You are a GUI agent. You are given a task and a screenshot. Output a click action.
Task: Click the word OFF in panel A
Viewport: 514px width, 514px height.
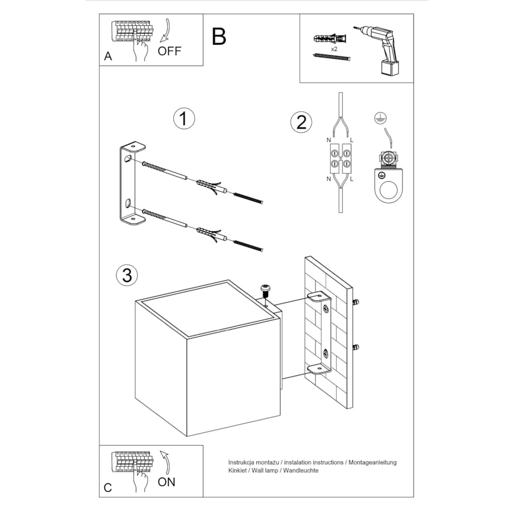169,51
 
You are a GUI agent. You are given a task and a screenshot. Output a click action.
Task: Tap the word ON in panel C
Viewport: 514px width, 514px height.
166,482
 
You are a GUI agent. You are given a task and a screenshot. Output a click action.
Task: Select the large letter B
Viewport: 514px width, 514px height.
219,36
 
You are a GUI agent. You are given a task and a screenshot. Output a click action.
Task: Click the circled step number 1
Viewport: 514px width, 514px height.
184,118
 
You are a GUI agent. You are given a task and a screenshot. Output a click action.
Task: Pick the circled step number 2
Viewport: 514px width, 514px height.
301,122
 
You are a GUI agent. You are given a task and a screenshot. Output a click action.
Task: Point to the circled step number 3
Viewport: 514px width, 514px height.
127,275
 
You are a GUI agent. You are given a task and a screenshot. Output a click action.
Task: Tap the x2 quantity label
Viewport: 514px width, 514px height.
334,49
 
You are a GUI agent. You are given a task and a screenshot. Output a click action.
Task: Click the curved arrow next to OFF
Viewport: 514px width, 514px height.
166,31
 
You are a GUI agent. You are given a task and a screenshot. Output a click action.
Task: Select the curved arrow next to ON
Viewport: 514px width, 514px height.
166,462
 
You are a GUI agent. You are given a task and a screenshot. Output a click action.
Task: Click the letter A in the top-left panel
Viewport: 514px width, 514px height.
108,56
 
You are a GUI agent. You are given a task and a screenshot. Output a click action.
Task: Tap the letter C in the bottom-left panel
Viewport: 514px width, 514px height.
108,487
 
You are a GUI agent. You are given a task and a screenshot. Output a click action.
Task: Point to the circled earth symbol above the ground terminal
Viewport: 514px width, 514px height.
380,118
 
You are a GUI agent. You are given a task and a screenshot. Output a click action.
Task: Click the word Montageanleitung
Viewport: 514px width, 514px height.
373,463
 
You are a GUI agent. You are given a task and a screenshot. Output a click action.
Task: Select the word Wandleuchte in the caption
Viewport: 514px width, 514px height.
301,471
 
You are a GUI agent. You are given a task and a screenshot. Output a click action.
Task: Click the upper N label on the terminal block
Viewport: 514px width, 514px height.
329,140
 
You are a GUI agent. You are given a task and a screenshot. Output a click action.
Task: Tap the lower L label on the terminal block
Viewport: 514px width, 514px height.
351,179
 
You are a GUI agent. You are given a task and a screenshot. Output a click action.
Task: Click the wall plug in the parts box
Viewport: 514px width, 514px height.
330,39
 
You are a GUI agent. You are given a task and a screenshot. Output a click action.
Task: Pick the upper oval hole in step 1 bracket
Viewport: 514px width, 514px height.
127,159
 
